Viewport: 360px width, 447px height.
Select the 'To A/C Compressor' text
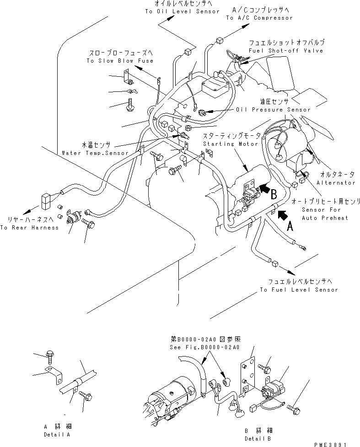coord(259,18)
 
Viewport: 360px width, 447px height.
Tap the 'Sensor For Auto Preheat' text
coord(325,213)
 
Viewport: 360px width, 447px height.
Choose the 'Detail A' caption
coord(55,432)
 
